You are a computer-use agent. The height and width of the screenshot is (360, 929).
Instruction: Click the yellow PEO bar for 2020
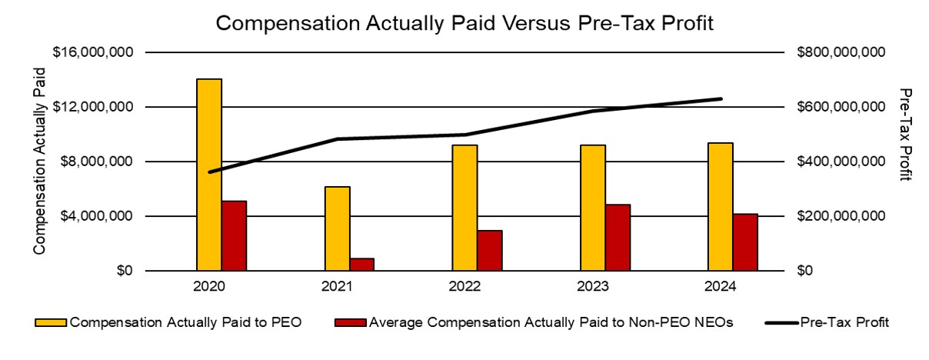tap(208, 175)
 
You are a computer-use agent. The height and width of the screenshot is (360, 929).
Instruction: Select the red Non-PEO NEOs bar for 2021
tap(361, 265)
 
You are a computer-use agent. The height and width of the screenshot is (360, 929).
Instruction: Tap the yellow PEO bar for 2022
tap(464, 208)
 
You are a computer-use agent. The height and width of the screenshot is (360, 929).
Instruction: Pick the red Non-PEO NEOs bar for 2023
tap(618, 238)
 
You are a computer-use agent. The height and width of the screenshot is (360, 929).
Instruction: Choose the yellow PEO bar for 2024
tap(720, 207)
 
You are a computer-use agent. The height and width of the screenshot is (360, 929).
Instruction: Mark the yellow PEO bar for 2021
tap(337, 228)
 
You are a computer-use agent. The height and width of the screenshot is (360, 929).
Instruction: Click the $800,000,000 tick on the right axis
tap(842, 52)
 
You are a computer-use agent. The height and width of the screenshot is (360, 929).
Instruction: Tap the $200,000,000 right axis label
tap(842, 216)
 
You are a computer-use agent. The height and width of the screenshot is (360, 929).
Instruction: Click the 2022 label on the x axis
tap(464, 286)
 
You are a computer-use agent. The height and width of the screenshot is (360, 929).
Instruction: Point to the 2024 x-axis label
tap(720, 286)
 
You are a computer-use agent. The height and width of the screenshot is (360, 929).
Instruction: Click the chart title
tap(464, 23)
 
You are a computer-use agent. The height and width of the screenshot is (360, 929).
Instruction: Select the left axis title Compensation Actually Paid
tap(39, 160)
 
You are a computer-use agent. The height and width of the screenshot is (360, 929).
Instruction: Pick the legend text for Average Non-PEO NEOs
tap(551, 322)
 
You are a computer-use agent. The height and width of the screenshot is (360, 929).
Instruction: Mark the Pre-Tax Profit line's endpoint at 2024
tap(720, 98)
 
